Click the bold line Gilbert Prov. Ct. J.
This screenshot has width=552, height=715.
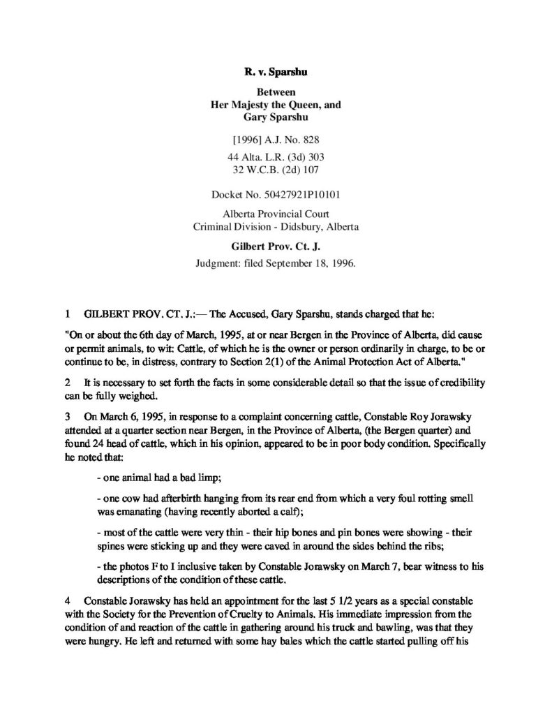coord(276,246)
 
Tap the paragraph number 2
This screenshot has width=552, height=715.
coord(68,385)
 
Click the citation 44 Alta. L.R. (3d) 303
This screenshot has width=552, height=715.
coord(276,157)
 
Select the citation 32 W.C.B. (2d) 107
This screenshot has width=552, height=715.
coord(276,169)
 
